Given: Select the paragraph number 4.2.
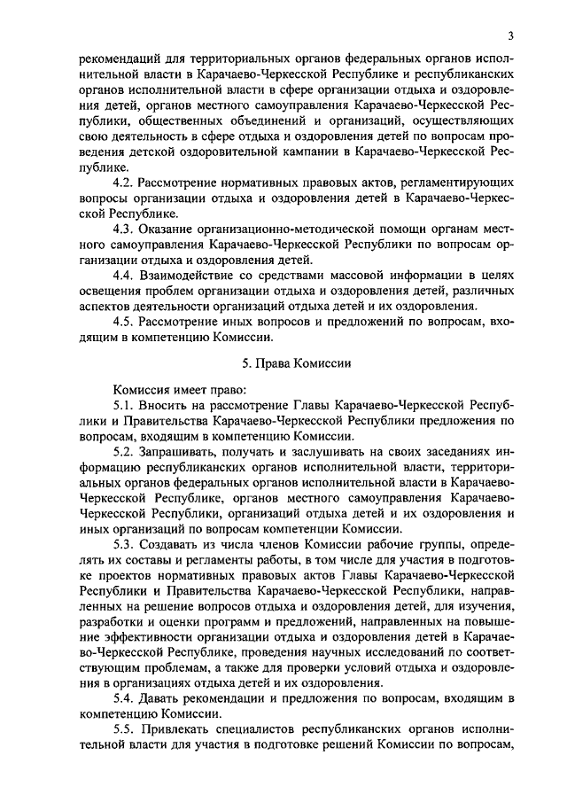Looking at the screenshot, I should (124, 183).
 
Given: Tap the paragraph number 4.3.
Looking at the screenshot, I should (124, 229).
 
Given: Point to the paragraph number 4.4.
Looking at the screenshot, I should (124, 275).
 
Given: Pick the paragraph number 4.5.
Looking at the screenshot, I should (124, 321).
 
